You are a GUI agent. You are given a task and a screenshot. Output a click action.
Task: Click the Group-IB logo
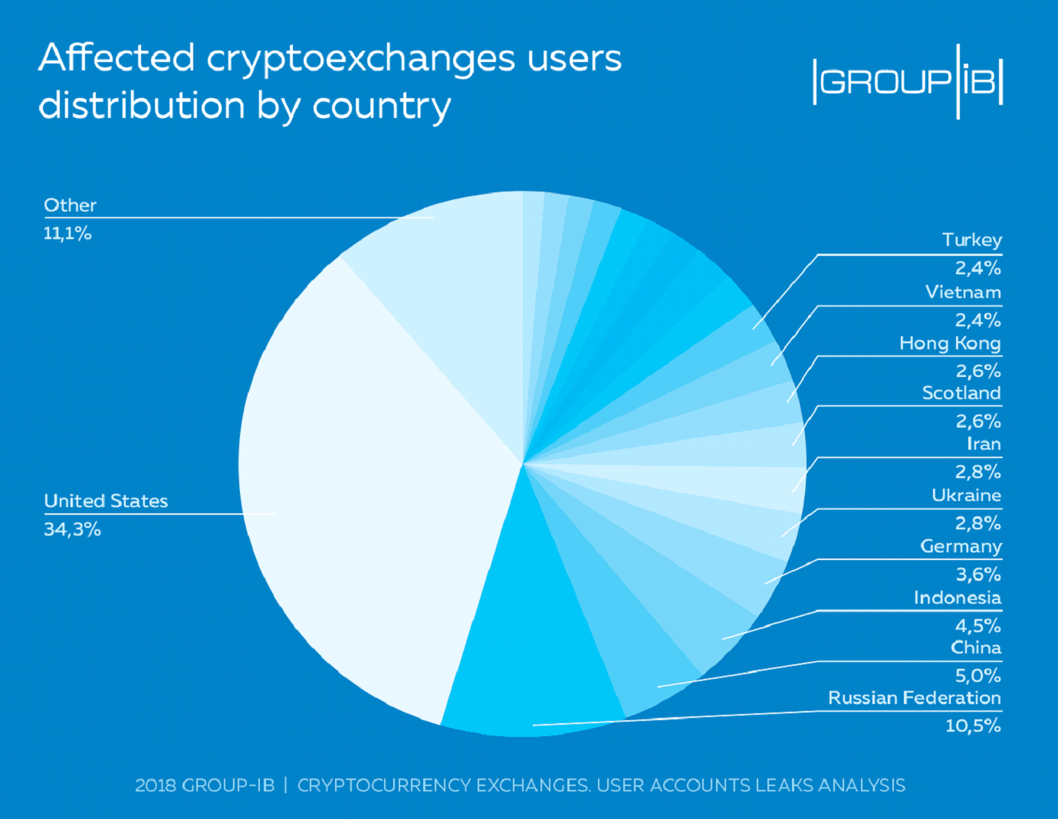pos(908,81)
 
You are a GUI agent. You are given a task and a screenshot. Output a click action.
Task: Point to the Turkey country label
pos(971,241)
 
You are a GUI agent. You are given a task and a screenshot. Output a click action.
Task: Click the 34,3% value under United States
pos(72,529)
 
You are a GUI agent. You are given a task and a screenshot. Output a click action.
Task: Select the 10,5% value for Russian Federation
pos(972,726)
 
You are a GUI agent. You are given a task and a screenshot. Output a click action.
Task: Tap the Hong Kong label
pos(950,343)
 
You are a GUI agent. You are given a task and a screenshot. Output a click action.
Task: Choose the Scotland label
pos(961,393)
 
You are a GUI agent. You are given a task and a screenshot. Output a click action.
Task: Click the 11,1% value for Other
pos(67,234)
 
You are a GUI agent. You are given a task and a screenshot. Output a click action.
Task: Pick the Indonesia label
pos(957,598)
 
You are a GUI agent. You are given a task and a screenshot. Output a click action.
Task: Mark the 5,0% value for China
pos(978,676)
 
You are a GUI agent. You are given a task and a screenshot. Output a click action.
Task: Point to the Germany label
pos(961,546)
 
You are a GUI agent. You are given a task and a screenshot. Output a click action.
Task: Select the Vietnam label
pos(963,292)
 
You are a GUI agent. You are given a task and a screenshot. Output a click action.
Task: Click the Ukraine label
pos(966,495)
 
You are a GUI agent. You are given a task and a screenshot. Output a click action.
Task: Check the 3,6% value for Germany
pos(978,575)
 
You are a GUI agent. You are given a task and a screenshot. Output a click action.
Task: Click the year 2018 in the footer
pos(156,785)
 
